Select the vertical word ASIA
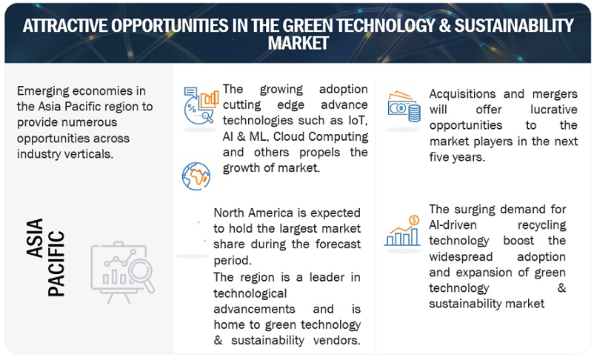pyautogui.click(x=35, y=237)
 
